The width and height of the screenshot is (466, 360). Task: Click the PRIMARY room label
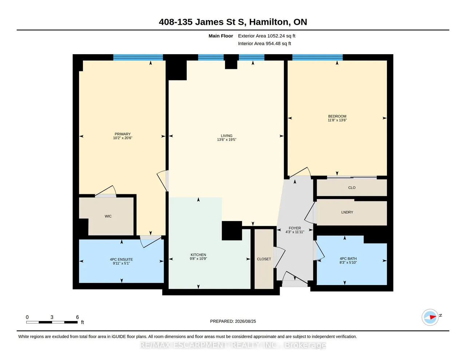tap(122, 136)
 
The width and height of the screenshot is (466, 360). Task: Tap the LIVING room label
tap(226, 138)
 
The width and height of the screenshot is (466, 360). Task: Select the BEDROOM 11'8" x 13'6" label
tap(337, 118)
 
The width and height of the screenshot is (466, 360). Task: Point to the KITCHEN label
tap(198, 257)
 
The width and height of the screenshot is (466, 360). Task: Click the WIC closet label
tap(108, 216)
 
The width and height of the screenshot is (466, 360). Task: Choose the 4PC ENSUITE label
tap(121, 261)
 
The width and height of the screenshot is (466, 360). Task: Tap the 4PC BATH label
tap(348, 261)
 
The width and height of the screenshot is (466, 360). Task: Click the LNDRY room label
tap(347, 212)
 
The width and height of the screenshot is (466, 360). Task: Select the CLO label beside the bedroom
tap(352, 188)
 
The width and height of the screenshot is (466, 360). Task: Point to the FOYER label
tap(295, 230)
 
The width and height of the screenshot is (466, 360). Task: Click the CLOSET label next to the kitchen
tap(264, 259)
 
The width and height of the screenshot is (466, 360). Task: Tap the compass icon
tap(430, 317)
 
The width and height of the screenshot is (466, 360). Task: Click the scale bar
tap(52, 322)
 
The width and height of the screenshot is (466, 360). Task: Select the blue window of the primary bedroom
tap(138, 57)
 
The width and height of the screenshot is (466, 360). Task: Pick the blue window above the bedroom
tap(317, 57)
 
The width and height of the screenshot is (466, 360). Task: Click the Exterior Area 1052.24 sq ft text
tap(266, 36)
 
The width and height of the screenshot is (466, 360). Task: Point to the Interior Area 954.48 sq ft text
tap(264, 44)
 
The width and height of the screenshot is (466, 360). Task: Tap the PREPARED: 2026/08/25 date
tap(233, 321)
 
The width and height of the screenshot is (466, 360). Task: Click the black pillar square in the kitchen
tap(232, 231)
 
